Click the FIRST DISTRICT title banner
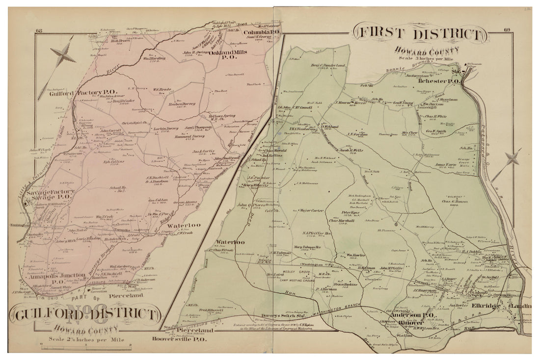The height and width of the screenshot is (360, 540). click(420, 35)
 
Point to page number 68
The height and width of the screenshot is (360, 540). click(38, 32)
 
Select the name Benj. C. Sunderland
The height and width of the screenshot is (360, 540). click(325, 66)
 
